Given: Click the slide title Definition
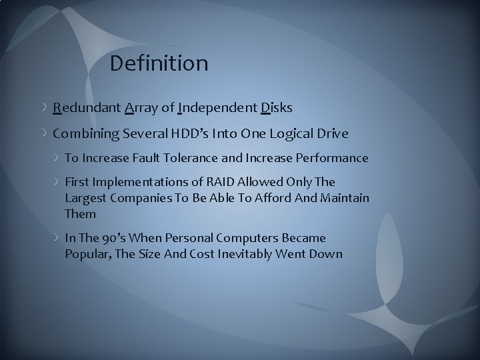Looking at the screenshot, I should point(159,64).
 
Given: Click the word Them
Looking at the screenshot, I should point(80,214).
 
